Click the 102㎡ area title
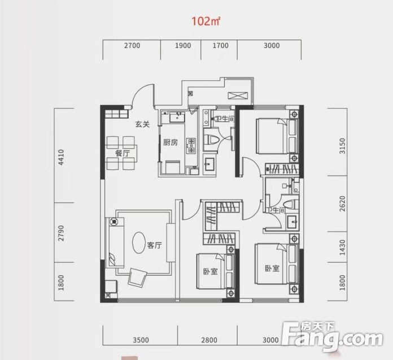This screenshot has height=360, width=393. (206, 21)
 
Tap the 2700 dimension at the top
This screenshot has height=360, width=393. (132, 46)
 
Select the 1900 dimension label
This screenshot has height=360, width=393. (183, 46)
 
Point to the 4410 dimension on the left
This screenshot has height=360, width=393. (61, 157)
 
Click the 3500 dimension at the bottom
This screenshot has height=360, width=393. (141, 340)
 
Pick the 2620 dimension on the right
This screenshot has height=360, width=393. (342, 203)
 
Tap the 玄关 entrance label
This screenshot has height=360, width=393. (142, 124)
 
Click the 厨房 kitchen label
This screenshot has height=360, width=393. (171, 142)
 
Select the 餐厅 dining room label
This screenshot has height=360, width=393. (123, 153)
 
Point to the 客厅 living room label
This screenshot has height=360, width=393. (154, 245)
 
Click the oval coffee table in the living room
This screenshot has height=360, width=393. (138, 242)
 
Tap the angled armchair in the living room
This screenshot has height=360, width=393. (137, 277)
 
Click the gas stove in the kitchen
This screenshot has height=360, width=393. (191, 145)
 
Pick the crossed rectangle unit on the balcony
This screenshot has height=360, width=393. (238, 96)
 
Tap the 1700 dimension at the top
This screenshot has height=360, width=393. (220, 46)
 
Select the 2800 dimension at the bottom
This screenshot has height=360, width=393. (209, 340)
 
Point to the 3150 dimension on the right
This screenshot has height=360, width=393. (342, 146)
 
